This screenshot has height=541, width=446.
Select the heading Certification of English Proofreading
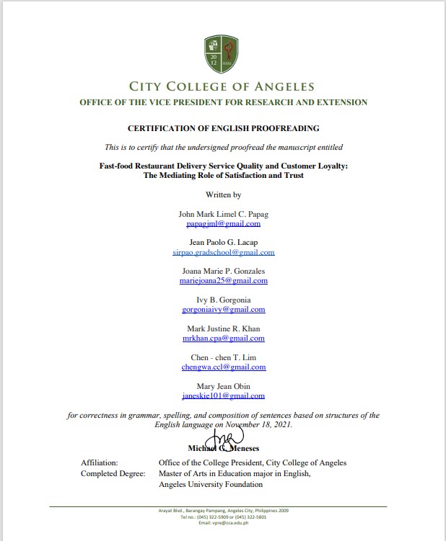pos(223,128)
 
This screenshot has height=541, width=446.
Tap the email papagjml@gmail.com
pos(223,224)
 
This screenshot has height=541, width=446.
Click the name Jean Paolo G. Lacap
pos(223,243)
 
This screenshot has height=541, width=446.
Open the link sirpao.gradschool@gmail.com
pos(223,253)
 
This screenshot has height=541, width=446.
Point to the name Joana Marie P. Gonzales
pos(223,271)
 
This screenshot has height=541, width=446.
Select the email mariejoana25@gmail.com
pos(223,281)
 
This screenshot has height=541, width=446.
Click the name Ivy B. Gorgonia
pos(223,300)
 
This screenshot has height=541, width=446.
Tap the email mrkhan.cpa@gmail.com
pos(223,338)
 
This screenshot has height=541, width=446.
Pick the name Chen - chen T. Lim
pos(223,357)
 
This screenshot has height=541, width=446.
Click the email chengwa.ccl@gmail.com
pos(223,367)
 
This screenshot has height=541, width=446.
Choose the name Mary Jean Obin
pos(223,386)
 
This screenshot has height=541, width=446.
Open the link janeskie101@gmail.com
pos(223,396)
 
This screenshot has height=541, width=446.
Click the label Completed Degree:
pos(113,473)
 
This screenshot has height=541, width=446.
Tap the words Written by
pos(223,195)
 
